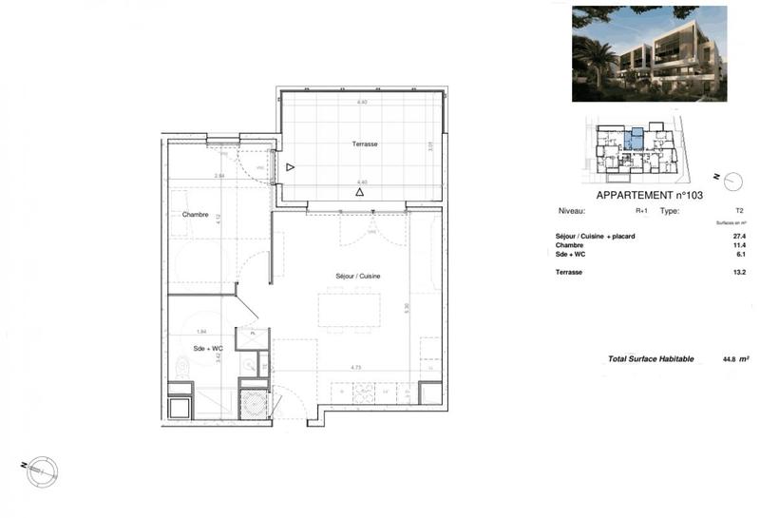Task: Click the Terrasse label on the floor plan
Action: pos(365,144)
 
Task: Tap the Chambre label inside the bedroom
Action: pos(195,215)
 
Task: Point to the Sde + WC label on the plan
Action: pos(207,349)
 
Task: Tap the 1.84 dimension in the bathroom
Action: pos(200,331)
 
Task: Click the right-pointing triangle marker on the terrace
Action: pos(291,167)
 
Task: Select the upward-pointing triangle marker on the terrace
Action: pos(359,192)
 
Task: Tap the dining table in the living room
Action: pos(348,310)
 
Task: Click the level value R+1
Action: pos(641,211)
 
